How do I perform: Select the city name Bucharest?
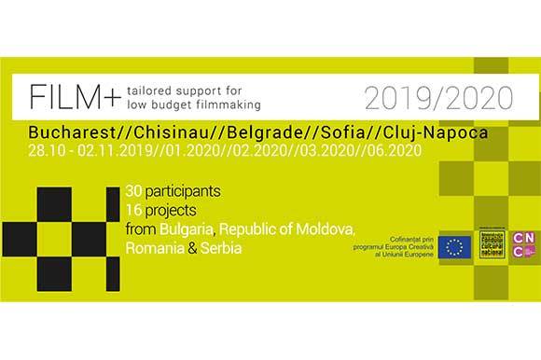68,132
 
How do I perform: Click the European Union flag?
456,246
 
